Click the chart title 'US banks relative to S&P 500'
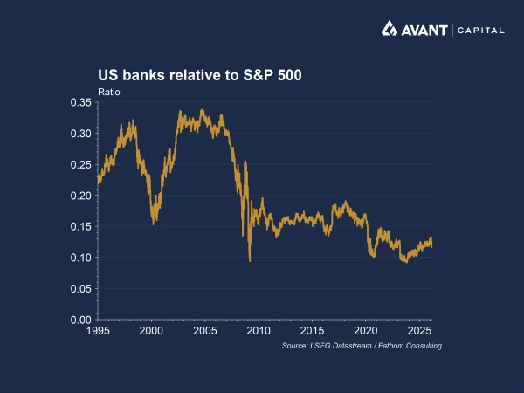pos(199,75)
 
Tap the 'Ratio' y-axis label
pos(108,92)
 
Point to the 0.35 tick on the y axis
pos(81,102)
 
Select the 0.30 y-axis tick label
pos(81,134)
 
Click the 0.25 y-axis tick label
pos(81,164)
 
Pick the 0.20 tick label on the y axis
pos(81,196)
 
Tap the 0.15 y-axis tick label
pos(81,226)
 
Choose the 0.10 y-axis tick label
pos(81,258)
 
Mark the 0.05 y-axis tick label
pos(81,288)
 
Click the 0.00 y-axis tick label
pos(81,320)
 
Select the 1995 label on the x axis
pos(98,332)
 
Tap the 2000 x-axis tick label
pos(152,332)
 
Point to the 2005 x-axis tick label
pos(205,332)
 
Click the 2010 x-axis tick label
pos(259,332)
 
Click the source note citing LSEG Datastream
pos(362,347)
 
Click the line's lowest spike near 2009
pos(250,260)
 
